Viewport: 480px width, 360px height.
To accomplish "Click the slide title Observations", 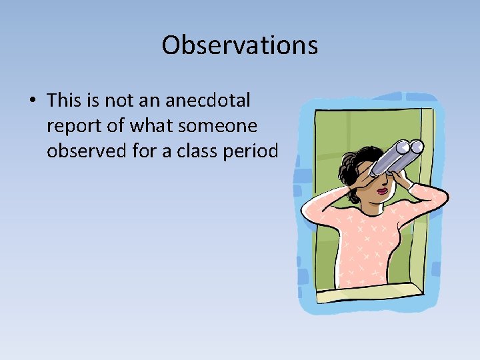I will point(239,45).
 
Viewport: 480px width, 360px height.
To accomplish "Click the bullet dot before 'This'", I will point(32,101).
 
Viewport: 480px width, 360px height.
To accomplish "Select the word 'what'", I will point(156,126).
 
